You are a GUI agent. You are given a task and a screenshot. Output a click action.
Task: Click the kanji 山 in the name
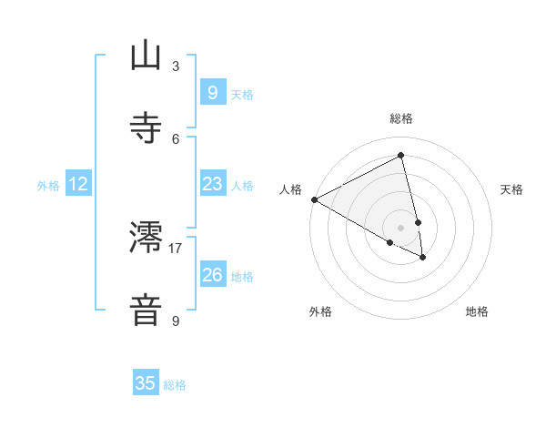coord(146,56)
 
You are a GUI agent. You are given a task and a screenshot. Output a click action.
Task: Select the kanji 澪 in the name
coord(146,238)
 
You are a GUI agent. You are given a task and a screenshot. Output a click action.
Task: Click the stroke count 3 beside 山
coord(176,66)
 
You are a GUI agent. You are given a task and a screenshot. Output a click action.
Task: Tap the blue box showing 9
coord(212,92)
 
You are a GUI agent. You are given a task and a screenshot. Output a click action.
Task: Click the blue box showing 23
coord(212,184)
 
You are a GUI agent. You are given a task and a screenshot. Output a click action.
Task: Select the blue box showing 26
coord(212,274)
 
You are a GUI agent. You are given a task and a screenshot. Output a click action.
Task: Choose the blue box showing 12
coord(78,184)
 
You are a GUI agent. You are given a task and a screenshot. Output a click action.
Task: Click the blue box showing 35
coord(146,383)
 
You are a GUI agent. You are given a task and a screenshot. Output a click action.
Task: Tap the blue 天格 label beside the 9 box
coord(242,94)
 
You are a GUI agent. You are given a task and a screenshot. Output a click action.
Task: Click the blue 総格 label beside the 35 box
coord(175,385)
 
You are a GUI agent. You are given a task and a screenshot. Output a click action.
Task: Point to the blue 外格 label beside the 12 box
coord(48,186)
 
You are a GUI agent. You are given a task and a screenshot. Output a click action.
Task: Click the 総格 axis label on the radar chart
coord(401,118)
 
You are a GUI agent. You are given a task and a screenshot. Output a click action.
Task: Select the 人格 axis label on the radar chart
coord(290,189)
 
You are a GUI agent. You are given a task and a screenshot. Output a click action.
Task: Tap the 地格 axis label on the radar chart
coord(477,312)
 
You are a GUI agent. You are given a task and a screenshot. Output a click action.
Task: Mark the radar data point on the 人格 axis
coord(314,199)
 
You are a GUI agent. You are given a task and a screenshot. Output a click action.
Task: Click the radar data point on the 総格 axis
coord(401,155)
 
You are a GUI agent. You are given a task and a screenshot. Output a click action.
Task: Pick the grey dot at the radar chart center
coord(401,228)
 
